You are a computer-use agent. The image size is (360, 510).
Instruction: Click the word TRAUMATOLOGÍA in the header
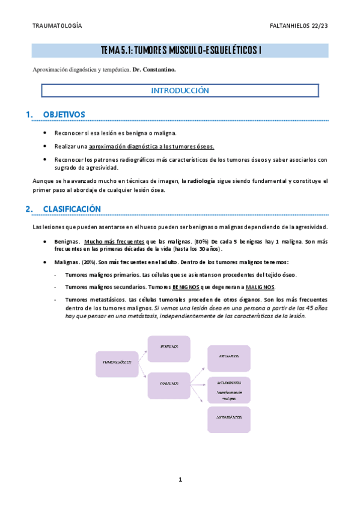pos(56,26)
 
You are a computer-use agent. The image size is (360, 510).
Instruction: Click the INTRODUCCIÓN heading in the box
pos(180,91)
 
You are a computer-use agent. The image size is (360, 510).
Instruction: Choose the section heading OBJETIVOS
pos(64,114)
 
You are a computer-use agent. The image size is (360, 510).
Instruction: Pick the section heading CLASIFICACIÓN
pos(72,209)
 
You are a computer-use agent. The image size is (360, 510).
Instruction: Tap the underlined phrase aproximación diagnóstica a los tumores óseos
pos(151,146)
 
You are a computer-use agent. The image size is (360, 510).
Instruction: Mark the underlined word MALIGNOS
pos(260,286)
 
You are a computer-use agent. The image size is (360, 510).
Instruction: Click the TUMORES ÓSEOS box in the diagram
pos(117,363)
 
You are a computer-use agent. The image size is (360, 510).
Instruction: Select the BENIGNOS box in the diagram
pos(169,348)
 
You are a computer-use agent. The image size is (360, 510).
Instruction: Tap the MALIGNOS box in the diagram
pos(169,382)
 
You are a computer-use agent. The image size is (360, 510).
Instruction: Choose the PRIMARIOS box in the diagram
pos(229,356)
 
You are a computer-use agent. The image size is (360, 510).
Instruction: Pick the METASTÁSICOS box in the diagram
pos(229,416)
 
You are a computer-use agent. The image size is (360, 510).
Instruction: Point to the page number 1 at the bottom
pos(180,479)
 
